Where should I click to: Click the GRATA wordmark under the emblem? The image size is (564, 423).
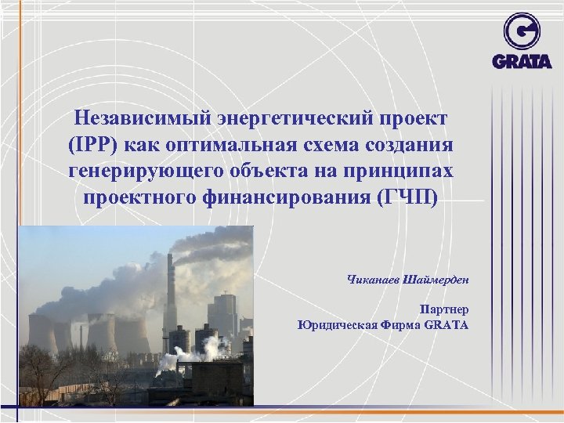522,60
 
